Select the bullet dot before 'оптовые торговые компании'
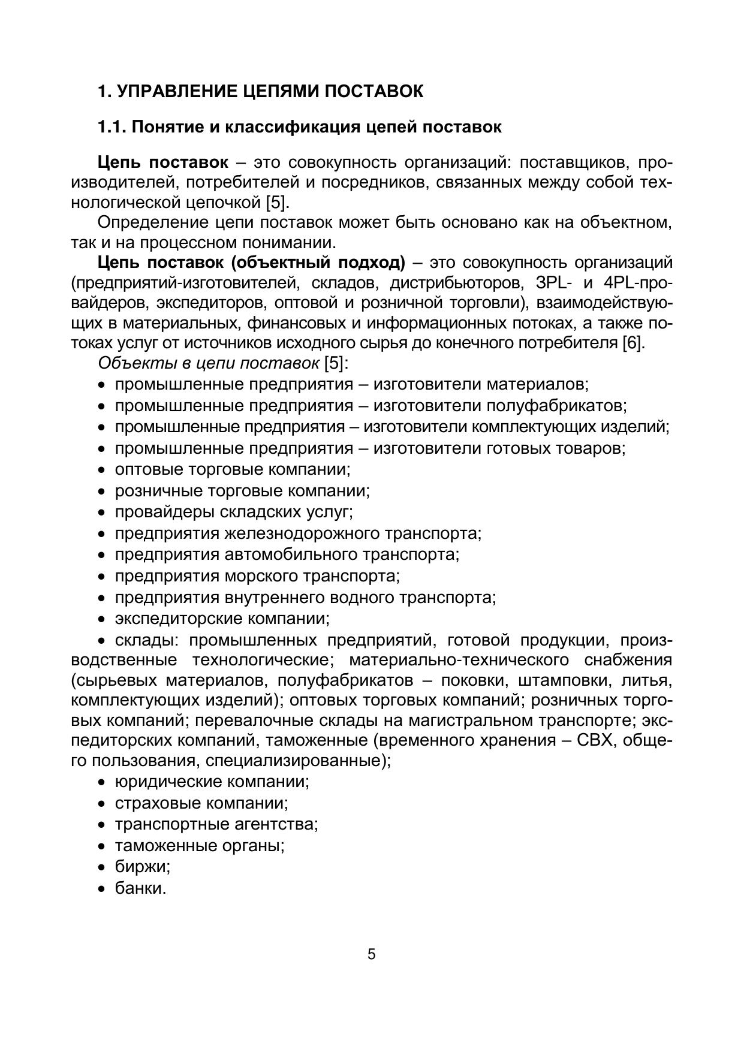tap(103, 471)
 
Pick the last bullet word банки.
tap(140, 888)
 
